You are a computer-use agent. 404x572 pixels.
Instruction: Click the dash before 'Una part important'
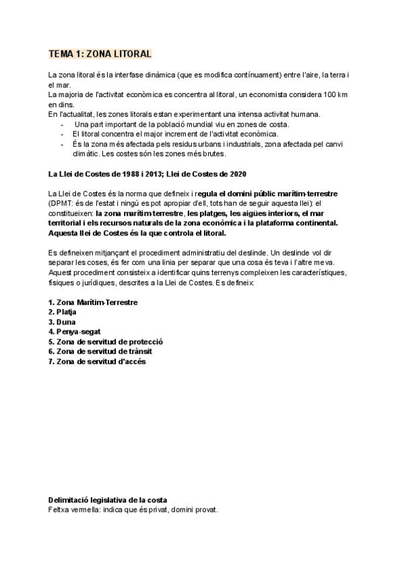(x=63, y=124)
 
